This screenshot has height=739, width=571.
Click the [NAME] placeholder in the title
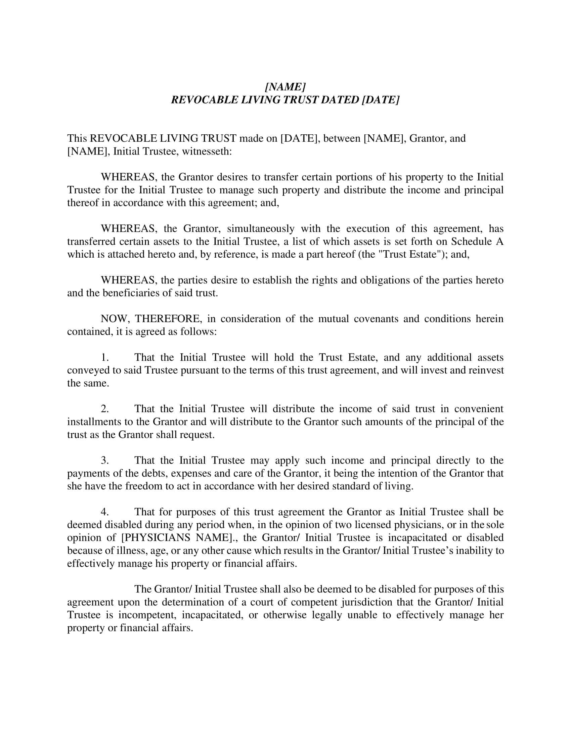coord(285,87)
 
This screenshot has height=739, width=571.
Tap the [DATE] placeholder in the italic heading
coord(381,100)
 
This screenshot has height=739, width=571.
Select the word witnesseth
coord(207,151)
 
